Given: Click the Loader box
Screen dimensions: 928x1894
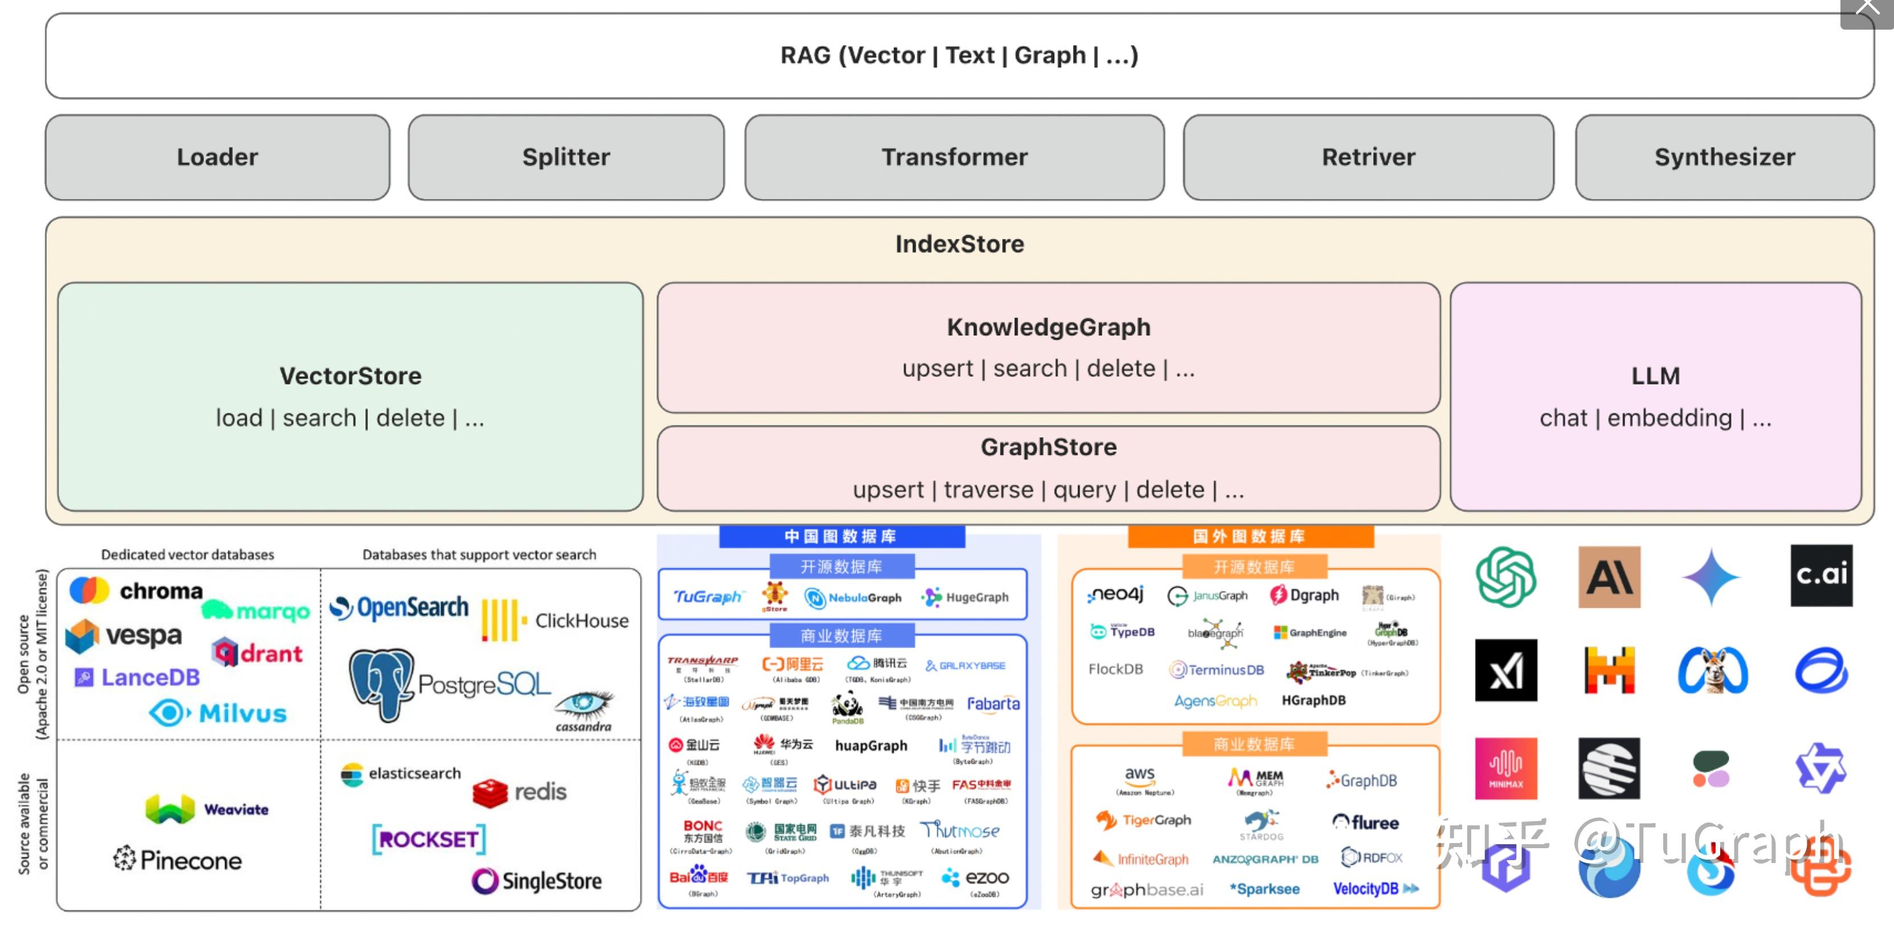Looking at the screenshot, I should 217,157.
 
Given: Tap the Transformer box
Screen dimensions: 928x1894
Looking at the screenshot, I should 954,157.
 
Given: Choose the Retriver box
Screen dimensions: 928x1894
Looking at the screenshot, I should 1368,157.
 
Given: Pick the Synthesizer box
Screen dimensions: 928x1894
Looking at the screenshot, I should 1724,157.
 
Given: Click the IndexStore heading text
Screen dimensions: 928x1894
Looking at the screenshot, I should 959,244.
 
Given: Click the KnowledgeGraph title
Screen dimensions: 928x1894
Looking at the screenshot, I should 1048,327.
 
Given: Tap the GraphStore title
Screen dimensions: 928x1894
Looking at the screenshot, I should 1048,447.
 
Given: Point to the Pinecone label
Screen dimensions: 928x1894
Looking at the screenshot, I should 190,860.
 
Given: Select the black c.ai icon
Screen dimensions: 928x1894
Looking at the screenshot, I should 1820,575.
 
